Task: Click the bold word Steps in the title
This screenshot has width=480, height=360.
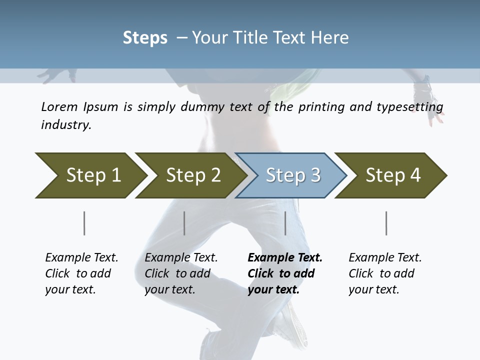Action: point(145,38)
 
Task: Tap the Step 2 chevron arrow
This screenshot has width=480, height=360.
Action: point(190,175)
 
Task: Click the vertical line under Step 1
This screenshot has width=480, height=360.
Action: point(84,223)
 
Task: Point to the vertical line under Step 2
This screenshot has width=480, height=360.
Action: point(184,223)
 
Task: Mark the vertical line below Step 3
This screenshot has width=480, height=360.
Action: point(285,223)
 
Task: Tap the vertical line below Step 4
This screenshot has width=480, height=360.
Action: point(386,223)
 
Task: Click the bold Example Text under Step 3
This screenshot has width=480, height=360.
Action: point(284,273)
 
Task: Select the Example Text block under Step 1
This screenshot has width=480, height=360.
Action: point(81,273)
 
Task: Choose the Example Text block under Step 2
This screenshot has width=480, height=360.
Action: point(181,273)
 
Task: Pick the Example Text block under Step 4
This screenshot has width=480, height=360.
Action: point(384,273)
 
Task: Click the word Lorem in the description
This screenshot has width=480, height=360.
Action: point(58,107)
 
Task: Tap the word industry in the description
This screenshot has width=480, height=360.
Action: point(65,125)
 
